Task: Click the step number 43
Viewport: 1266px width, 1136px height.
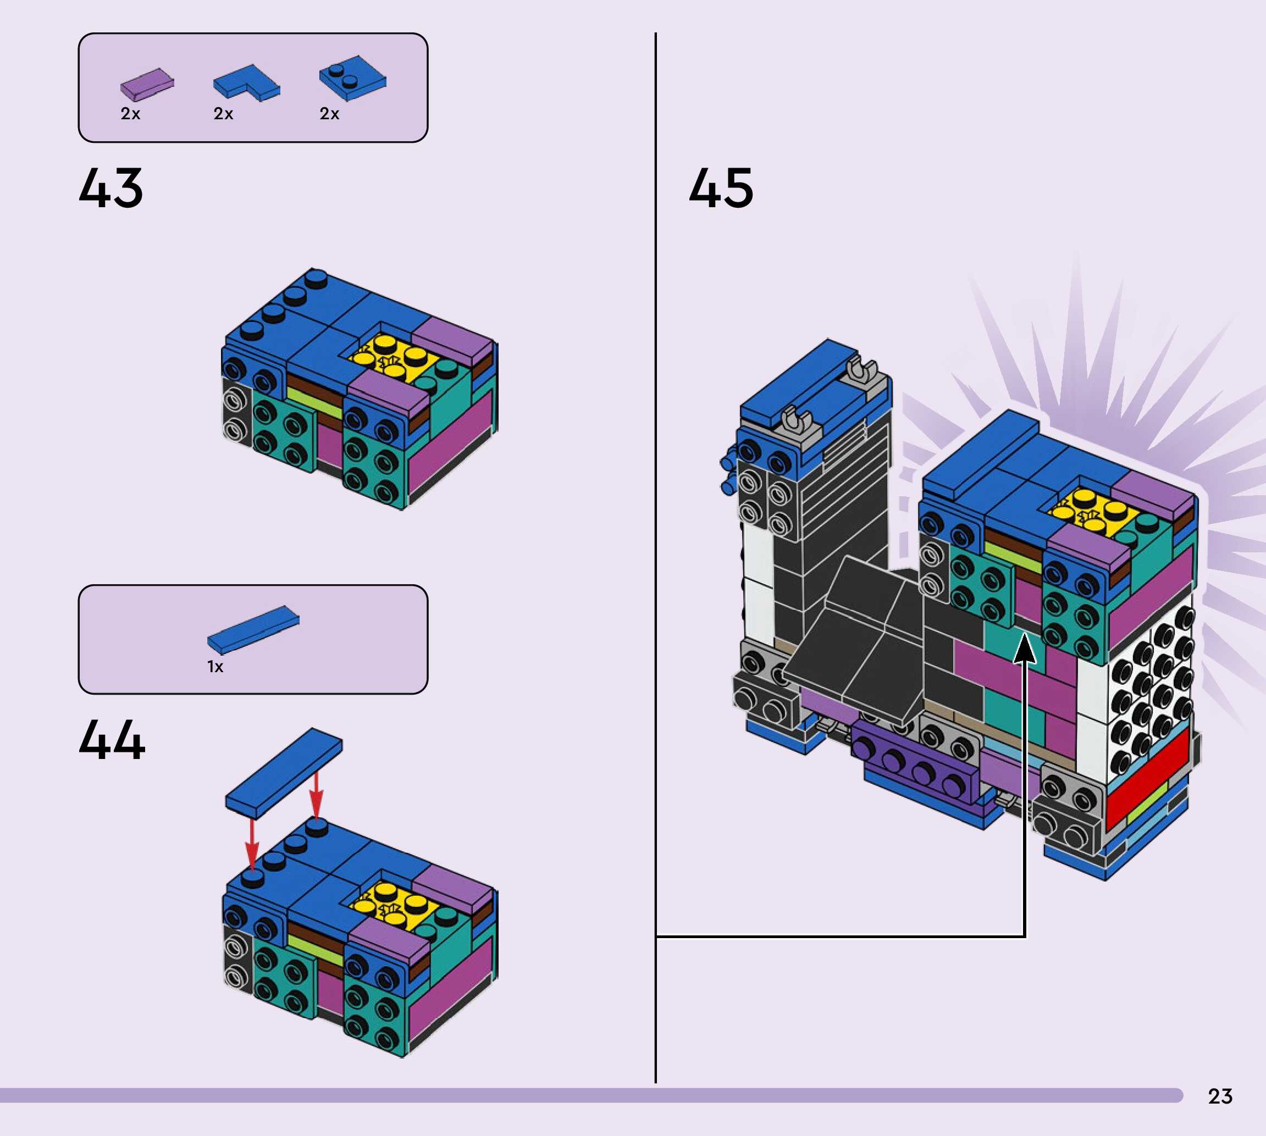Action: click(111, 188)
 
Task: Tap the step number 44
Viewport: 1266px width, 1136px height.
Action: click(112, 740)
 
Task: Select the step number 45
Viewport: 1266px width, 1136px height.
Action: click(721, 188)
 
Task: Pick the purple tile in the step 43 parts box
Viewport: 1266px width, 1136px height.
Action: click(147, 84)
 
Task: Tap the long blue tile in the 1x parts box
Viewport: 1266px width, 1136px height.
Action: click(253, 629)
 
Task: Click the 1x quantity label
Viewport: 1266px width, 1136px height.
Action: click(215, 667)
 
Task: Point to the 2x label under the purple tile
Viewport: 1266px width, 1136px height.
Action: click(130, 114)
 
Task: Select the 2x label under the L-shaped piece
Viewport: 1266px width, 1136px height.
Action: click(224, 114)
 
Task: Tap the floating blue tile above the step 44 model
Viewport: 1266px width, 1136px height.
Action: click(284, 772)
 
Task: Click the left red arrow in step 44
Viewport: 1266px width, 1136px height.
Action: click(252, 843)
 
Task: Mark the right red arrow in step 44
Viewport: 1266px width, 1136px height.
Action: click(317, 793)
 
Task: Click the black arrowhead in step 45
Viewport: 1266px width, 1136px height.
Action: click(1025, 649)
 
